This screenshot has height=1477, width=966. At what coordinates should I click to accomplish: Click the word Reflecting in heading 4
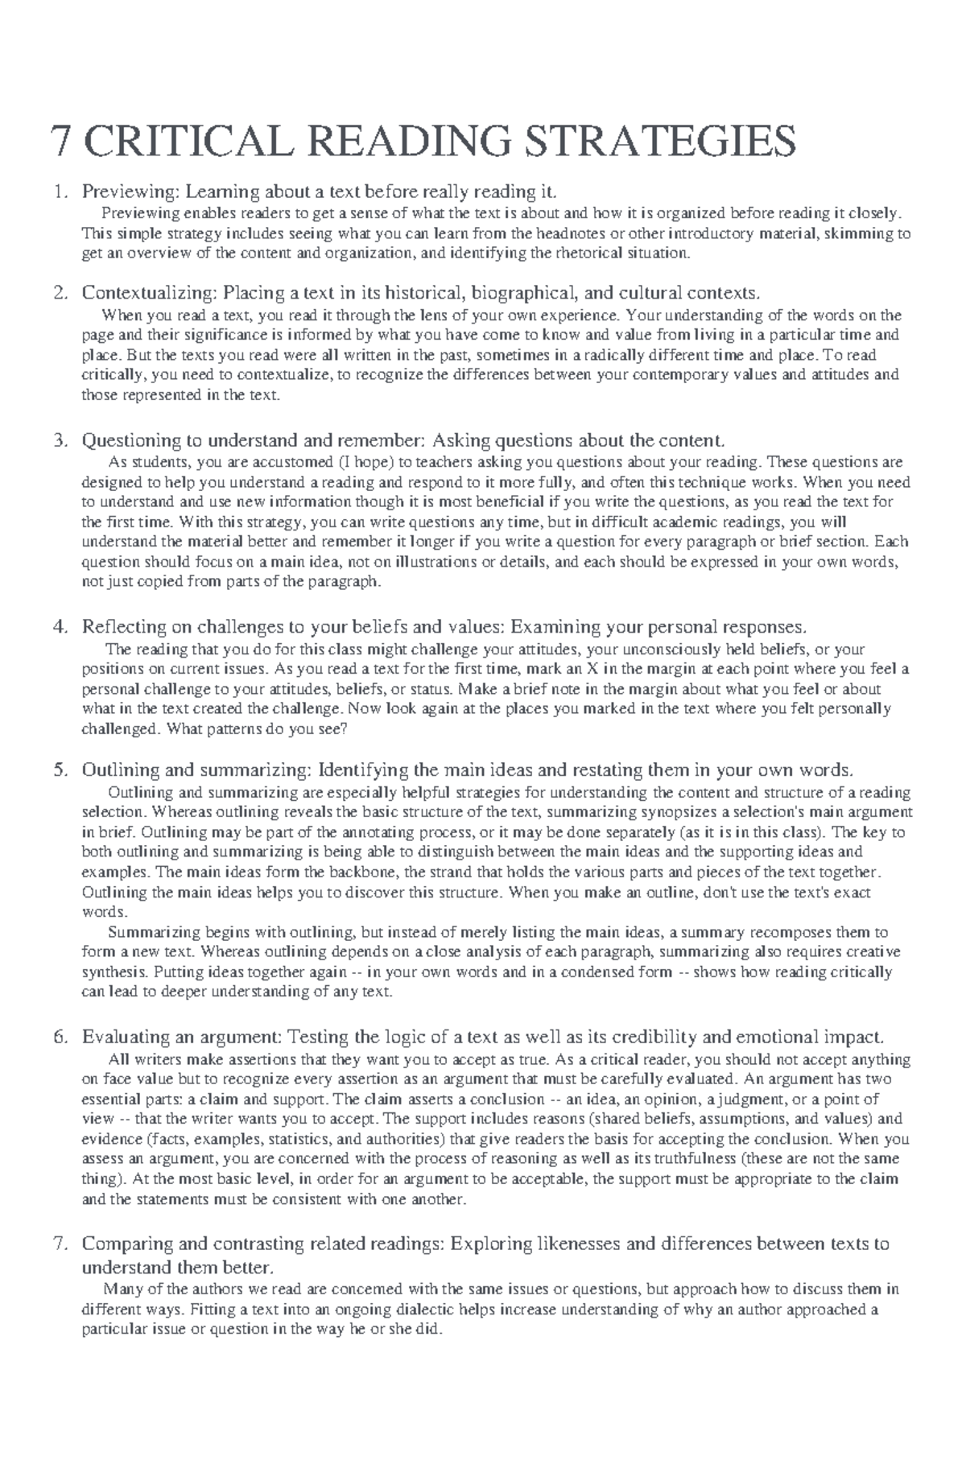point(124,627)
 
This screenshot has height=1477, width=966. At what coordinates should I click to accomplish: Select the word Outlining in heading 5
point(120,769)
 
